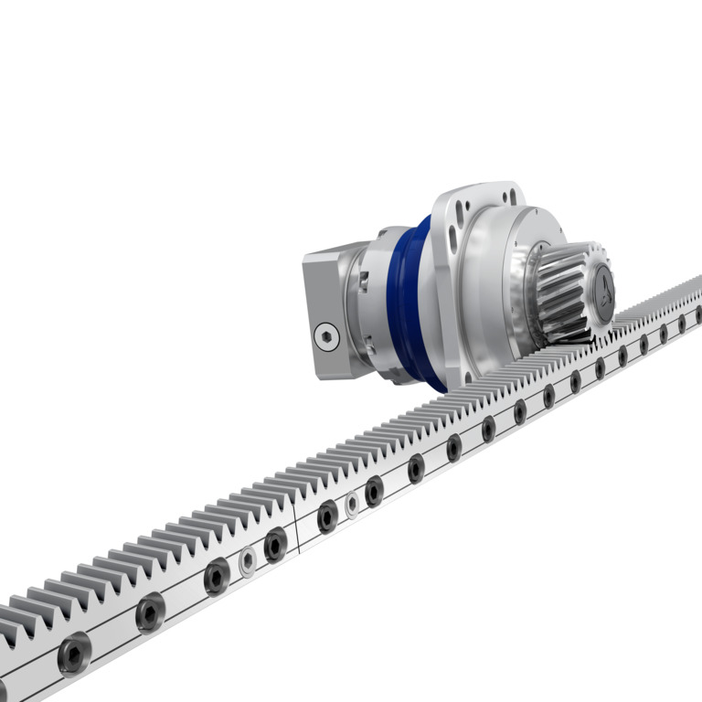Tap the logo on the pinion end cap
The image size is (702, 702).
(x=604, y=292)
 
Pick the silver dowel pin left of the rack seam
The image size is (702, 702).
(x=247, y=561)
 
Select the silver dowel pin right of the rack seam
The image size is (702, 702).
(x=352, y=504)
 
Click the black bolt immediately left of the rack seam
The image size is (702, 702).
(x=275, y=545)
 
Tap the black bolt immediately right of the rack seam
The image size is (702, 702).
(x=327, y=517)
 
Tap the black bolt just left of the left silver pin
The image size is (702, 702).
(x=217, y=577)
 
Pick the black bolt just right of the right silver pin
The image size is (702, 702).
(x=374, y=491)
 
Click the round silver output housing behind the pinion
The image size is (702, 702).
(x=498, y=274)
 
